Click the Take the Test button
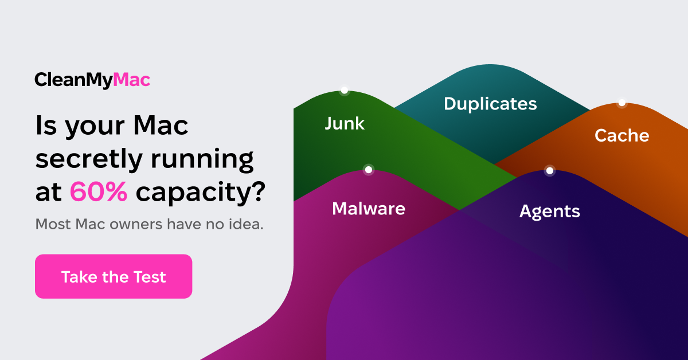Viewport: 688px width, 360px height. (x=114, y=276)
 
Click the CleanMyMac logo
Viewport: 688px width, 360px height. (x=92, y=80)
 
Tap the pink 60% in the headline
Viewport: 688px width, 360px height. (x=99, y=191)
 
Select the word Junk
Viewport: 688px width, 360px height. (x=345, y=123)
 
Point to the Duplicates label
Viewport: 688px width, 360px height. (x=490, y=104)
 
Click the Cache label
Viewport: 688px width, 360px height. (x=622, y=135)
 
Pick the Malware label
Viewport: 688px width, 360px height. (x=369, y=209)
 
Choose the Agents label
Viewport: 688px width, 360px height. (x=550, y=212)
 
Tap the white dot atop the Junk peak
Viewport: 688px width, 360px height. (x=345, y=91)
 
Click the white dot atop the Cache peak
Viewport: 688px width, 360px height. (x=622, y=103)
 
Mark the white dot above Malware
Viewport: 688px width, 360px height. (x=369, y=170)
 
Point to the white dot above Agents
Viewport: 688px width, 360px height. (x=550, y=170)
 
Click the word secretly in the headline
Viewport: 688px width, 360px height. (x=89, y=160)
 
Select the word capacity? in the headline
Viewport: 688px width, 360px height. (x=201, y=193)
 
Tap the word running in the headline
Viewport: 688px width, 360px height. (x=202, y=161)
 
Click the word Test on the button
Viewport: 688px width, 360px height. (x=150, y=277)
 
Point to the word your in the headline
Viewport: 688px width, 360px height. (x=95, y=127)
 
